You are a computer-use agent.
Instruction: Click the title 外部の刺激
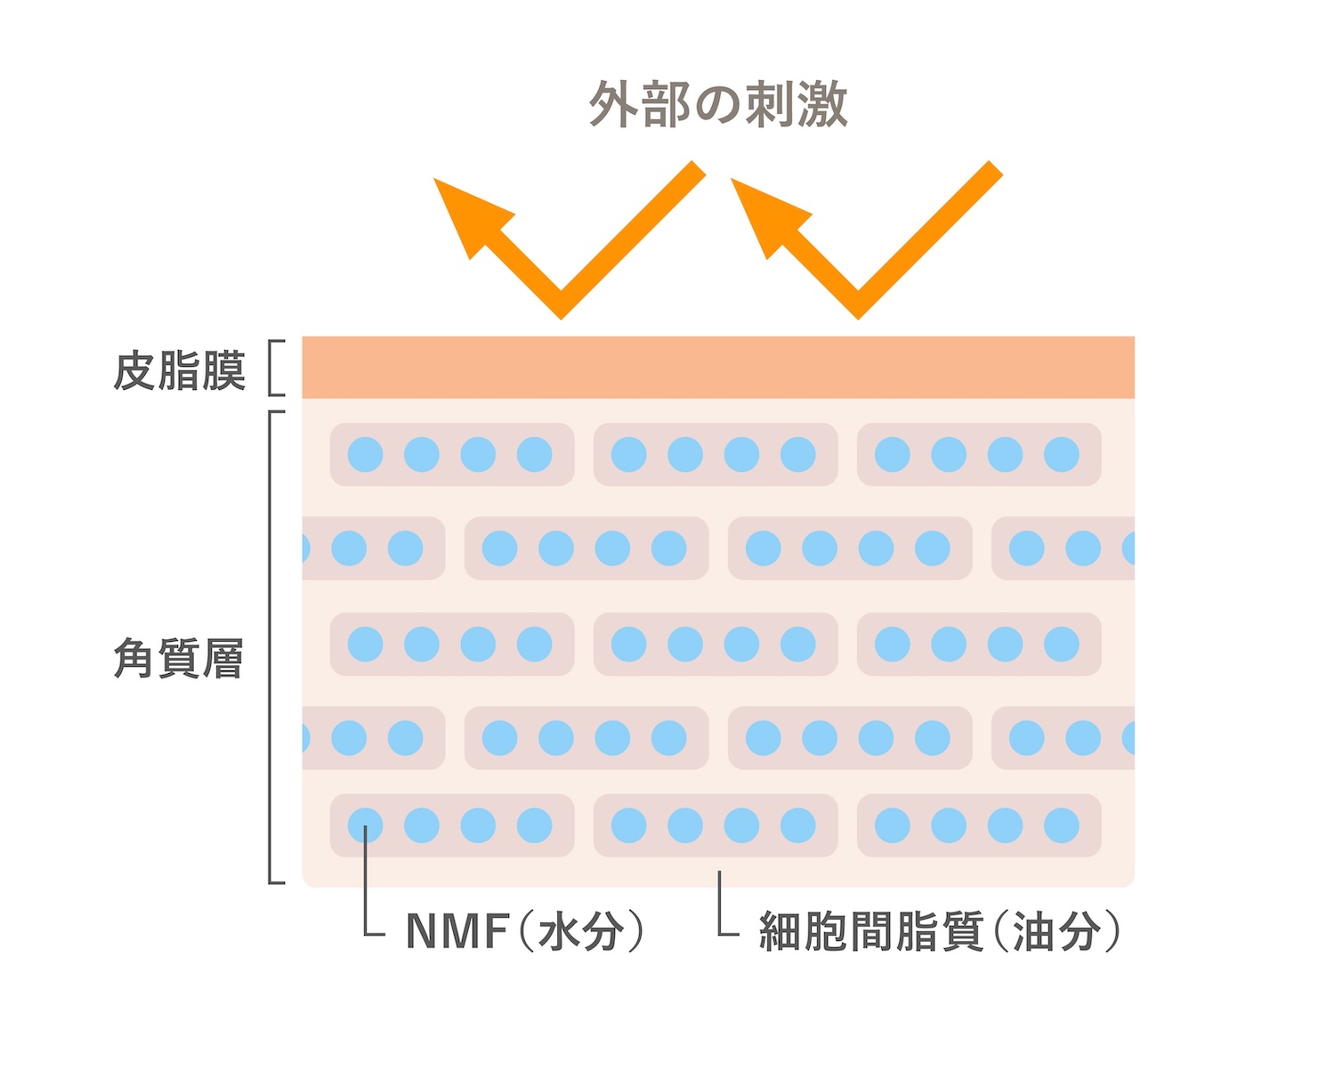[x=718, y=103]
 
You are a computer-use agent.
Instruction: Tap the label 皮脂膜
[x=179, y=370]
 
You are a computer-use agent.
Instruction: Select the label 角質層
[x=179, y=658]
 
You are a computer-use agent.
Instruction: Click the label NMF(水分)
[x=525, y=930]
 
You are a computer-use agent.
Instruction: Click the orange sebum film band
[x=718, y=368]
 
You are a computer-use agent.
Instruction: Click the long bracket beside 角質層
[x=271, y=646]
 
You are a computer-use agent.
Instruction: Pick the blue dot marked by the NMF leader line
[x=365, y=825]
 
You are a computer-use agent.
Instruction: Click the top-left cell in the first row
[x=451, y=454]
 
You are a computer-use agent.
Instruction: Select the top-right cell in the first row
[x=979, y=454]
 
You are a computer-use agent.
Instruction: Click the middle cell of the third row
[x=716, y=644]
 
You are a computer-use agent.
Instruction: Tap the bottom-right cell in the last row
[x=979, y=825]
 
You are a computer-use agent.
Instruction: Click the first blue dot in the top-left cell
[x=365, y=454]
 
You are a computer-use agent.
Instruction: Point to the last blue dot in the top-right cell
[x=1062, y=454]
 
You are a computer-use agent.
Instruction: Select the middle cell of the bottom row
[x=716, y=825]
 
